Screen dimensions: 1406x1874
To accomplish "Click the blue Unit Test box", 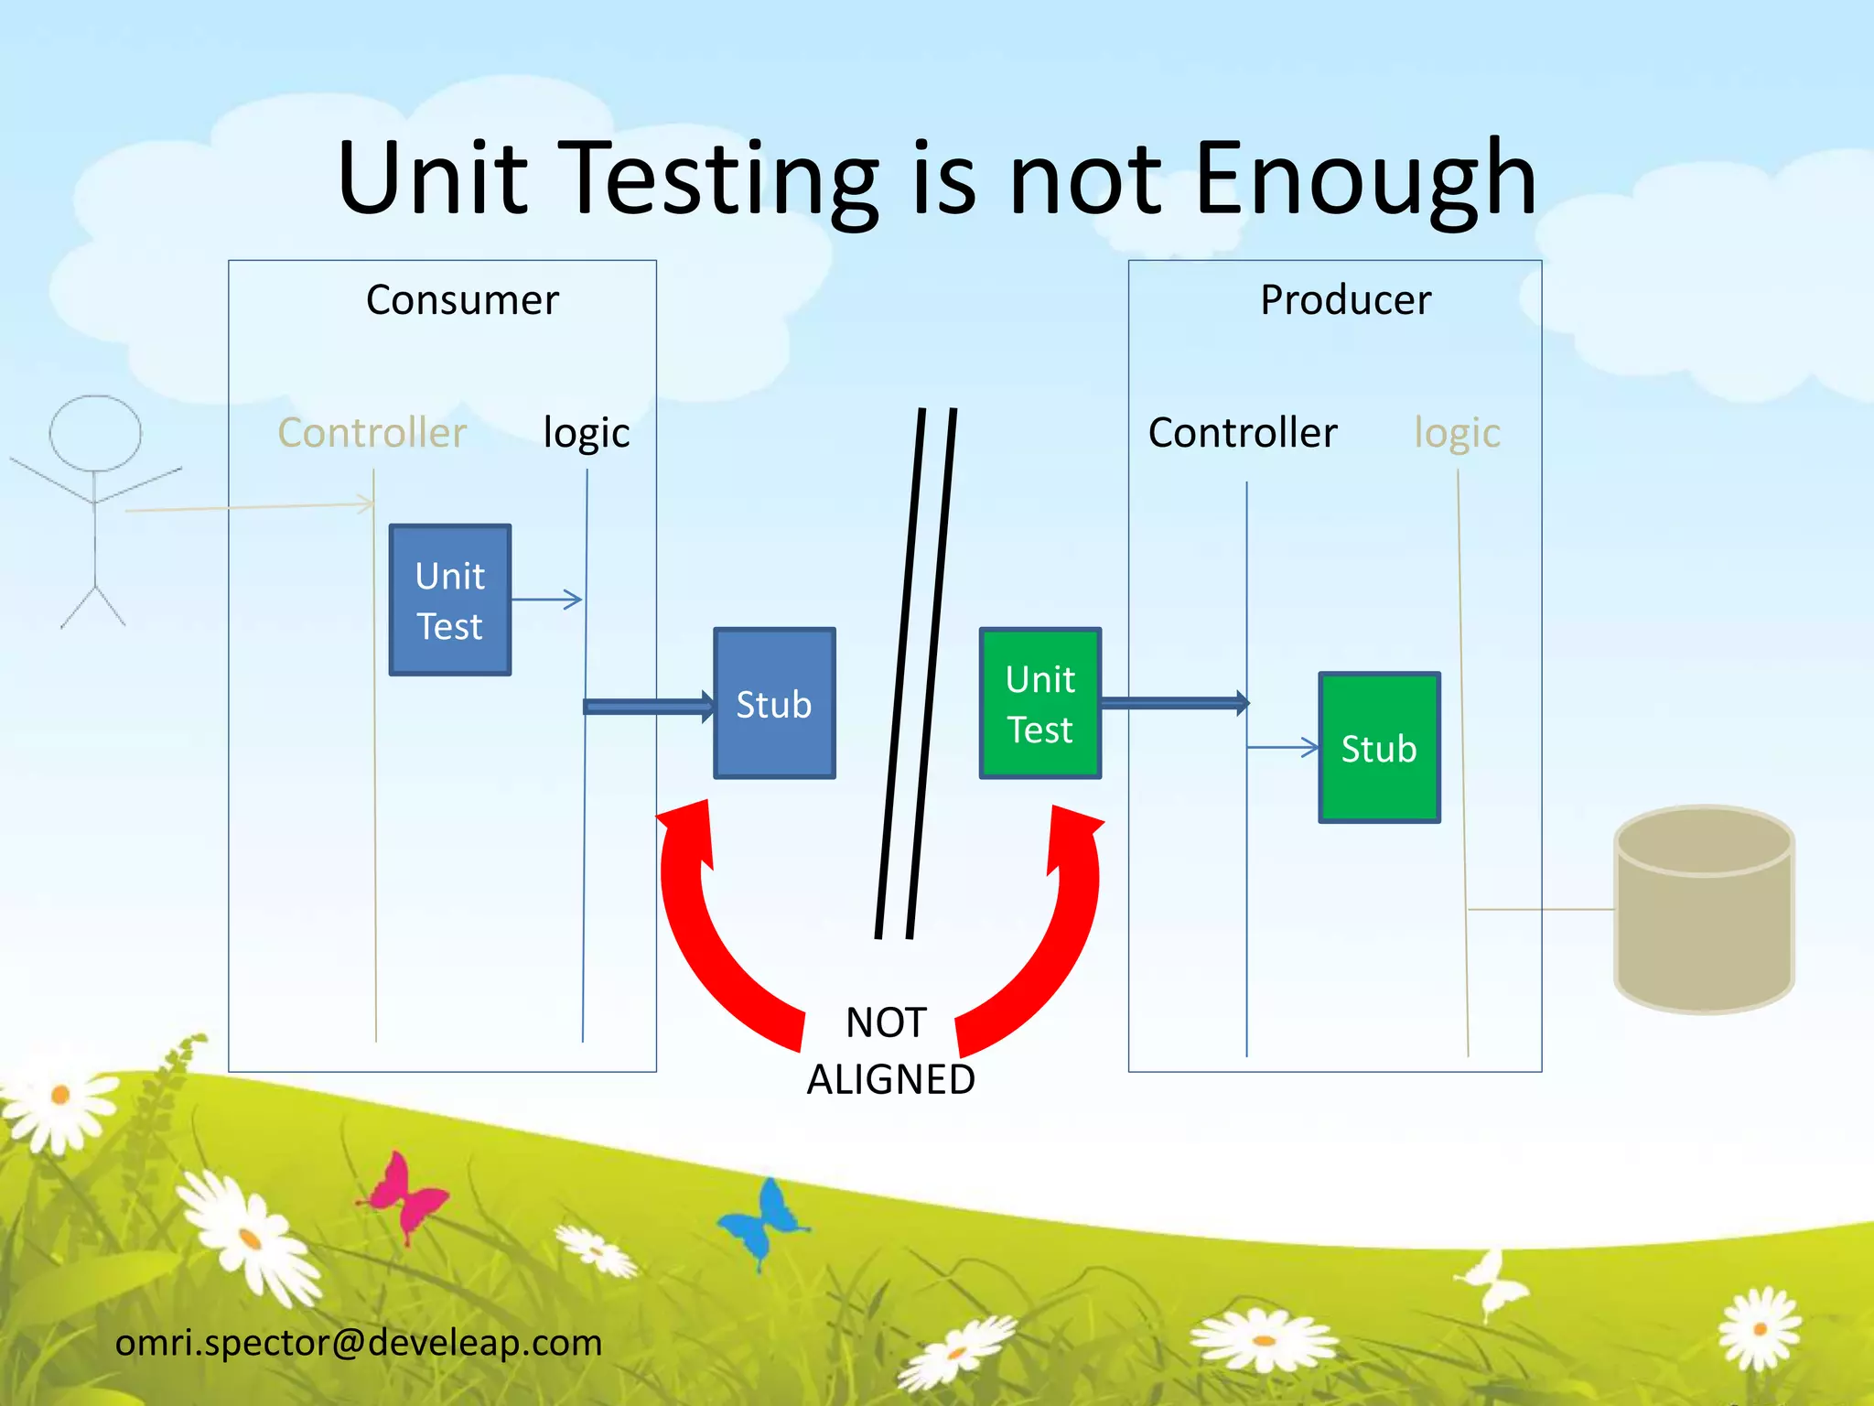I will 449,600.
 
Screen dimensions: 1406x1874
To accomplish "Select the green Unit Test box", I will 1039,703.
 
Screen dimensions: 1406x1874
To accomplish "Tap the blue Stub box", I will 774,703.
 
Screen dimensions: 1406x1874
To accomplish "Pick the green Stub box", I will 1379,748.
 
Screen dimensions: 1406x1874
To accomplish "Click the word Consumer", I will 462,300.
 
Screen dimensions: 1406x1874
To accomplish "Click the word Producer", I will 1345,300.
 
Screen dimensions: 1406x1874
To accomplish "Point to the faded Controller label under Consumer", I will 372,432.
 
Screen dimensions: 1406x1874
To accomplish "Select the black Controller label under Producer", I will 1243,432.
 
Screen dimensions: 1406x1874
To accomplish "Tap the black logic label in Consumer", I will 586,432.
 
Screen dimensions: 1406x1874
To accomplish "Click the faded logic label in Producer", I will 1457,432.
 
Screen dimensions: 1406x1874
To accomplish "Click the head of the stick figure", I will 95,433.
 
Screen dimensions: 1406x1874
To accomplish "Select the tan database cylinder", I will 1704,911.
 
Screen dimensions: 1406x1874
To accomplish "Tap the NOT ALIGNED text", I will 889,1051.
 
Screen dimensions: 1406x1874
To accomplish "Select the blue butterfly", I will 761,1220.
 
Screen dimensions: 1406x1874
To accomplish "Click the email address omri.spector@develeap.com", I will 359,1343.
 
